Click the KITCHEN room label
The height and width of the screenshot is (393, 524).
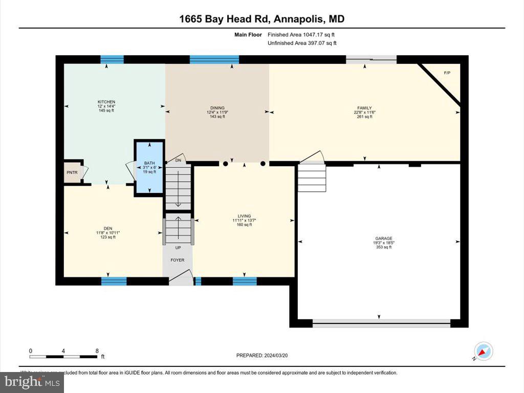click(x=106, y=102)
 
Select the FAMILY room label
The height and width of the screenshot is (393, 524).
click(x=364, y=108)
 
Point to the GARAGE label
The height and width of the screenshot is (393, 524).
click(x=383, y=238)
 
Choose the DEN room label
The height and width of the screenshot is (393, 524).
click(x=107, y=229)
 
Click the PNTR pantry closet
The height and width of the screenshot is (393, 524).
click(x=72, y=172)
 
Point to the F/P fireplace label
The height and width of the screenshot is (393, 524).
click(x=447, y=73)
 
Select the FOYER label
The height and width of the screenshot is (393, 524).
click(x=178, y=260)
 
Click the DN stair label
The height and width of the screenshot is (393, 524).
click(x=178, y=160)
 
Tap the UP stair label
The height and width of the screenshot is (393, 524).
click(x=178, y=248)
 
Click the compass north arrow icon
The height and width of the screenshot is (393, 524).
click(x=483, y=351)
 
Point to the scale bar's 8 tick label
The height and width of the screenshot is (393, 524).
click(x=97, y=351)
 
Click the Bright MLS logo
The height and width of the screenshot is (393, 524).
click(x=32, y=382)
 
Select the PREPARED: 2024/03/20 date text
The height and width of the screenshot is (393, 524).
click(x=265, y=355)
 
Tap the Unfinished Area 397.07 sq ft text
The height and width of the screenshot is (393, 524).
click(x=302, y=43)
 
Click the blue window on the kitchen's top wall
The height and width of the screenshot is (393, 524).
click(x=112, y=59)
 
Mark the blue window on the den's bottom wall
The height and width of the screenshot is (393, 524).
click(x=114, y=281)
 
